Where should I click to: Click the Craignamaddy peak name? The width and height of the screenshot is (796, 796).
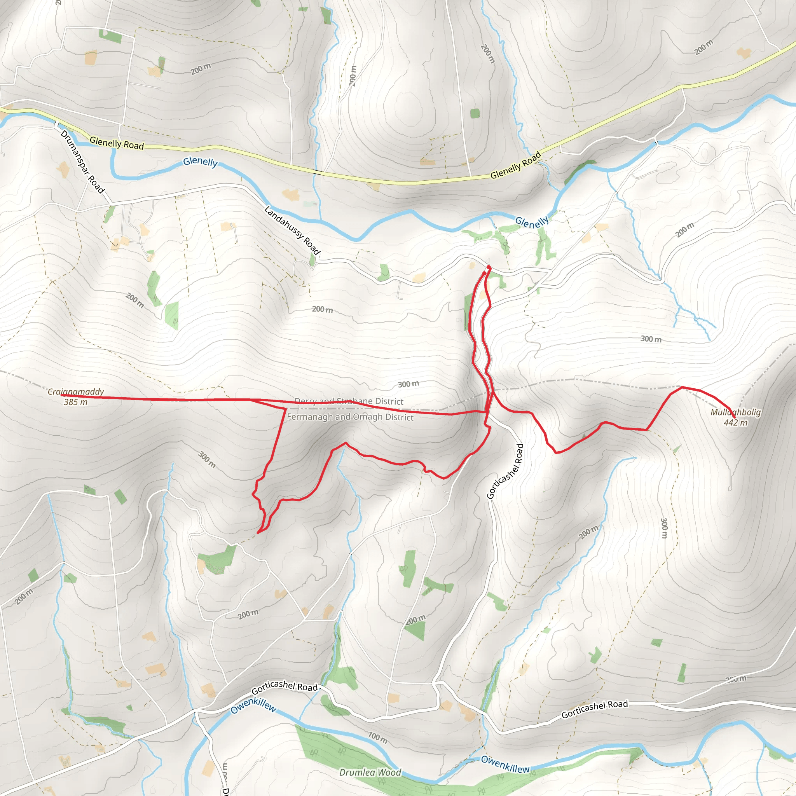(76, 391)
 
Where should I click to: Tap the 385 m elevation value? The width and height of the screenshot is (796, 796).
(76, 402)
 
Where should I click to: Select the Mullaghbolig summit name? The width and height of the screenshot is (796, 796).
(735, 412)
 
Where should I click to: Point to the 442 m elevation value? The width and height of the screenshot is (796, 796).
(735, 422)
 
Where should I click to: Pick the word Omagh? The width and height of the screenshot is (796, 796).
(364, 417)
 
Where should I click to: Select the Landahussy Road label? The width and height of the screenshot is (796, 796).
(292, 230)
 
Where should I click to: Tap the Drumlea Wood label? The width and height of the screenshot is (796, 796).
(370, 772)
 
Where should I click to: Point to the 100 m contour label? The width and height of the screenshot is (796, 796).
(377, 737)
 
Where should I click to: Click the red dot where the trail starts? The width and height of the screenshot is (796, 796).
(489, 268)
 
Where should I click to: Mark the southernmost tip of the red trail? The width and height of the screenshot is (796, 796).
(258, 533)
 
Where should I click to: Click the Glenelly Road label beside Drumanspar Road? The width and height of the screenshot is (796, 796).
(117, 143)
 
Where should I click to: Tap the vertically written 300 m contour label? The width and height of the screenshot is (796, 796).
(664, 528)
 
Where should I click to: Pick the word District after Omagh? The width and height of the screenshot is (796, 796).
(397, 417)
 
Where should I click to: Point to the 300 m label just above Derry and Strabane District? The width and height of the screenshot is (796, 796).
(408, 384)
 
